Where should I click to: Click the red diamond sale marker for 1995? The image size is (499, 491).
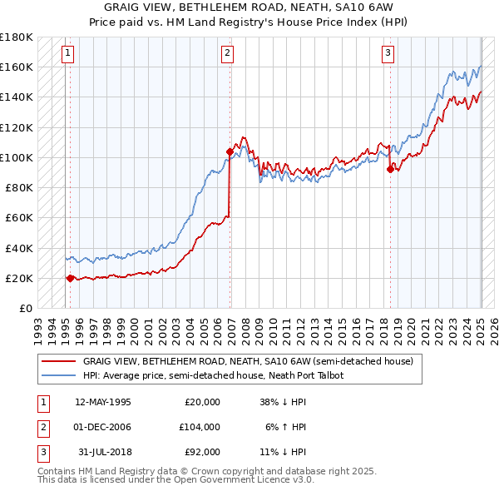[x=70, y=278]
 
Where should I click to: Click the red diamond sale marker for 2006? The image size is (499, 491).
[x=229, y=151]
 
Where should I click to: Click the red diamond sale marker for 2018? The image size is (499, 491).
[x=390, y=170]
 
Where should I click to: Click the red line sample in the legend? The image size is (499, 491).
[x=59, y=362]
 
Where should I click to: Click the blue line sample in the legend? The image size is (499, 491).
[x=59, y=375]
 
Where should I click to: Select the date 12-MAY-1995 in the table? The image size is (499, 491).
[x=102, y=402]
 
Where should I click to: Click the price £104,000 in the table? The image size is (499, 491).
[x=200, y=427]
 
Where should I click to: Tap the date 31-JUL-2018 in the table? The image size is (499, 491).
[x=104, y=452]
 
